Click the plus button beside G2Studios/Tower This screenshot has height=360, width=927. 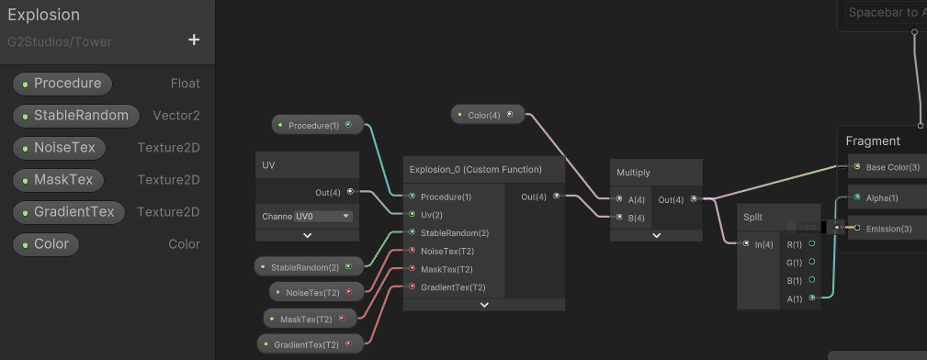point(194,39)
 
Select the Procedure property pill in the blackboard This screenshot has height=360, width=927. point(62,84)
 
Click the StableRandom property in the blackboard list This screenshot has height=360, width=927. point(76,116)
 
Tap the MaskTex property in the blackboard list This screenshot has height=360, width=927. point(59,180)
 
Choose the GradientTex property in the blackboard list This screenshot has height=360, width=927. point(69,212)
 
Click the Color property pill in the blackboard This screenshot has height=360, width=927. point(46,244)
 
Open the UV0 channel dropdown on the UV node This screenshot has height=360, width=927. point(322,217)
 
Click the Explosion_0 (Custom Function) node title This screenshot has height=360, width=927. point(475,169)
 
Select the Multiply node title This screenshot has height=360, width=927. point(633,172)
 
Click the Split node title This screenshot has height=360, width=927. point(752,217)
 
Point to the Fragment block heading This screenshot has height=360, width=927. point(873,141)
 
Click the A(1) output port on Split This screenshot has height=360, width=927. point(812,298)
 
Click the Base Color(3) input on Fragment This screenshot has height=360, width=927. point(856,167)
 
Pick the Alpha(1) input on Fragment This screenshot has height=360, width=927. point(856,197)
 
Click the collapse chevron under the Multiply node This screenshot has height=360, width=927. point(656,235)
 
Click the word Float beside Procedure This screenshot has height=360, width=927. point(185,84)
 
